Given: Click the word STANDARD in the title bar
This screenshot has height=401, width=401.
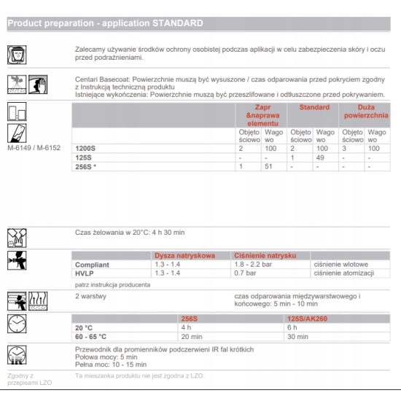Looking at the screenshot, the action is [178, 23].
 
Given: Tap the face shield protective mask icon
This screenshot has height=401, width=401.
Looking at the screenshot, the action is [17, 55].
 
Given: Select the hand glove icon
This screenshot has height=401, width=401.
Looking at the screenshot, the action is [38, 85].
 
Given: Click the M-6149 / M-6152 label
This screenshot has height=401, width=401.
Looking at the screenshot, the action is [34, 148].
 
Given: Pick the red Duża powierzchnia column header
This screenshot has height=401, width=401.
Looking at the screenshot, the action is [366, 112].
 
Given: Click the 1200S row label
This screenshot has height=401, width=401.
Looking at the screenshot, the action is [85, 148].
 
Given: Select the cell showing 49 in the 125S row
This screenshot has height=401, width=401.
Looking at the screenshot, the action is [320, 157].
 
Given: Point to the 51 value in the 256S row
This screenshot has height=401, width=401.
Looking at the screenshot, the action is [268, 166].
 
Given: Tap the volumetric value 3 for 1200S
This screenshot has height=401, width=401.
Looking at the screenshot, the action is [344, 148].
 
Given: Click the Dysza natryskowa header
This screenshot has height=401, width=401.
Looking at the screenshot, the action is [184, 255].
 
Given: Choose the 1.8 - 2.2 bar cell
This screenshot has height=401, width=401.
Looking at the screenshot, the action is [253, 264].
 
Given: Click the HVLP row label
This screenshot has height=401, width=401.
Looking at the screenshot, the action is [85, 273].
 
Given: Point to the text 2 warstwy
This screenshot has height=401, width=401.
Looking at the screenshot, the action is [90, 296].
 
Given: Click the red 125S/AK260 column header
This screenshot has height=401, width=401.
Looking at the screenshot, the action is [307, 319].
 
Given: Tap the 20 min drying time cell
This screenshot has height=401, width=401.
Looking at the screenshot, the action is [192, 337].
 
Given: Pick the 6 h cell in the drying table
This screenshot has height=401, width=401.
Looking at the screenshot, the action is [292, 327].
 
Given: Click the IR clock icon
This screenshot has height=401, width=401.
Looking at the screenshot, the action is [17, 355].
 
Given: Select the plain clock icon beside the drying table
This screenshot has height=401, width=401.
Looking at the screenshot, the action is [17, 324].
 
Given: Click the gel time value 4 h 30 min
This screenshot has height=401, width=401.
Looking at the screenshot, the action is [168, 233].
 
